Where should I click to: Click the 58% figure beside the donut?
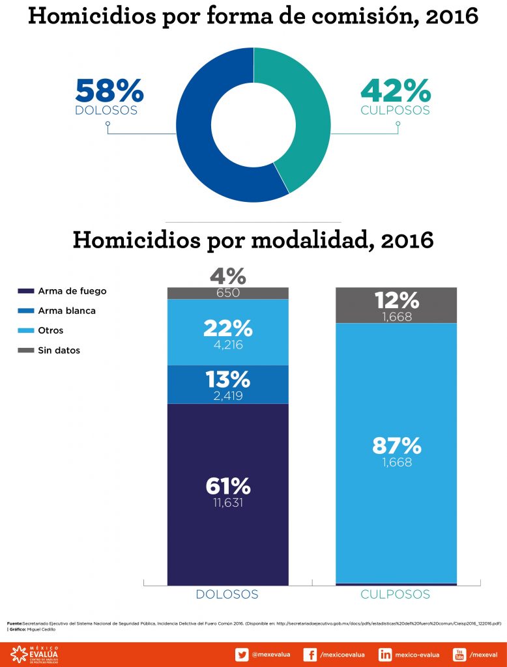point(109,91)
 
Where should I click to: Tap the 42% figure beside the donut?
point(395,91)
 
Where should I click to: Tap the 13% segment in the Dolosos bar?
point(227,384)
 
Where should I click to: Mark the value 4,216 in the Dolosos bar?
point(227,345)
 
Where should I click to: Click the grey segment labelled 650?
point(227,293)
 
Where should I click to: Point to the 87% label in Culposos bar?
point(396,446)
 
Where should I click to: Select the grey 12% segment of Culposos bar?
point(396,305)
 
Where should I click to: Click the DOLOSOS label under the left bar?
point(227,594)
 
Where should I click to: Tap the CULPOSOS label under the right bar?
point(395,594)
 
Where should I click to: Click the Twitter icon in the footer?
point(241,655)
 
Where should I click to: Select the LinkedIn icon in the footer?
point(385,655)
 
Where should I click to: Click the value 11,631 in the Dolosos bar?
point(227,503)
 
